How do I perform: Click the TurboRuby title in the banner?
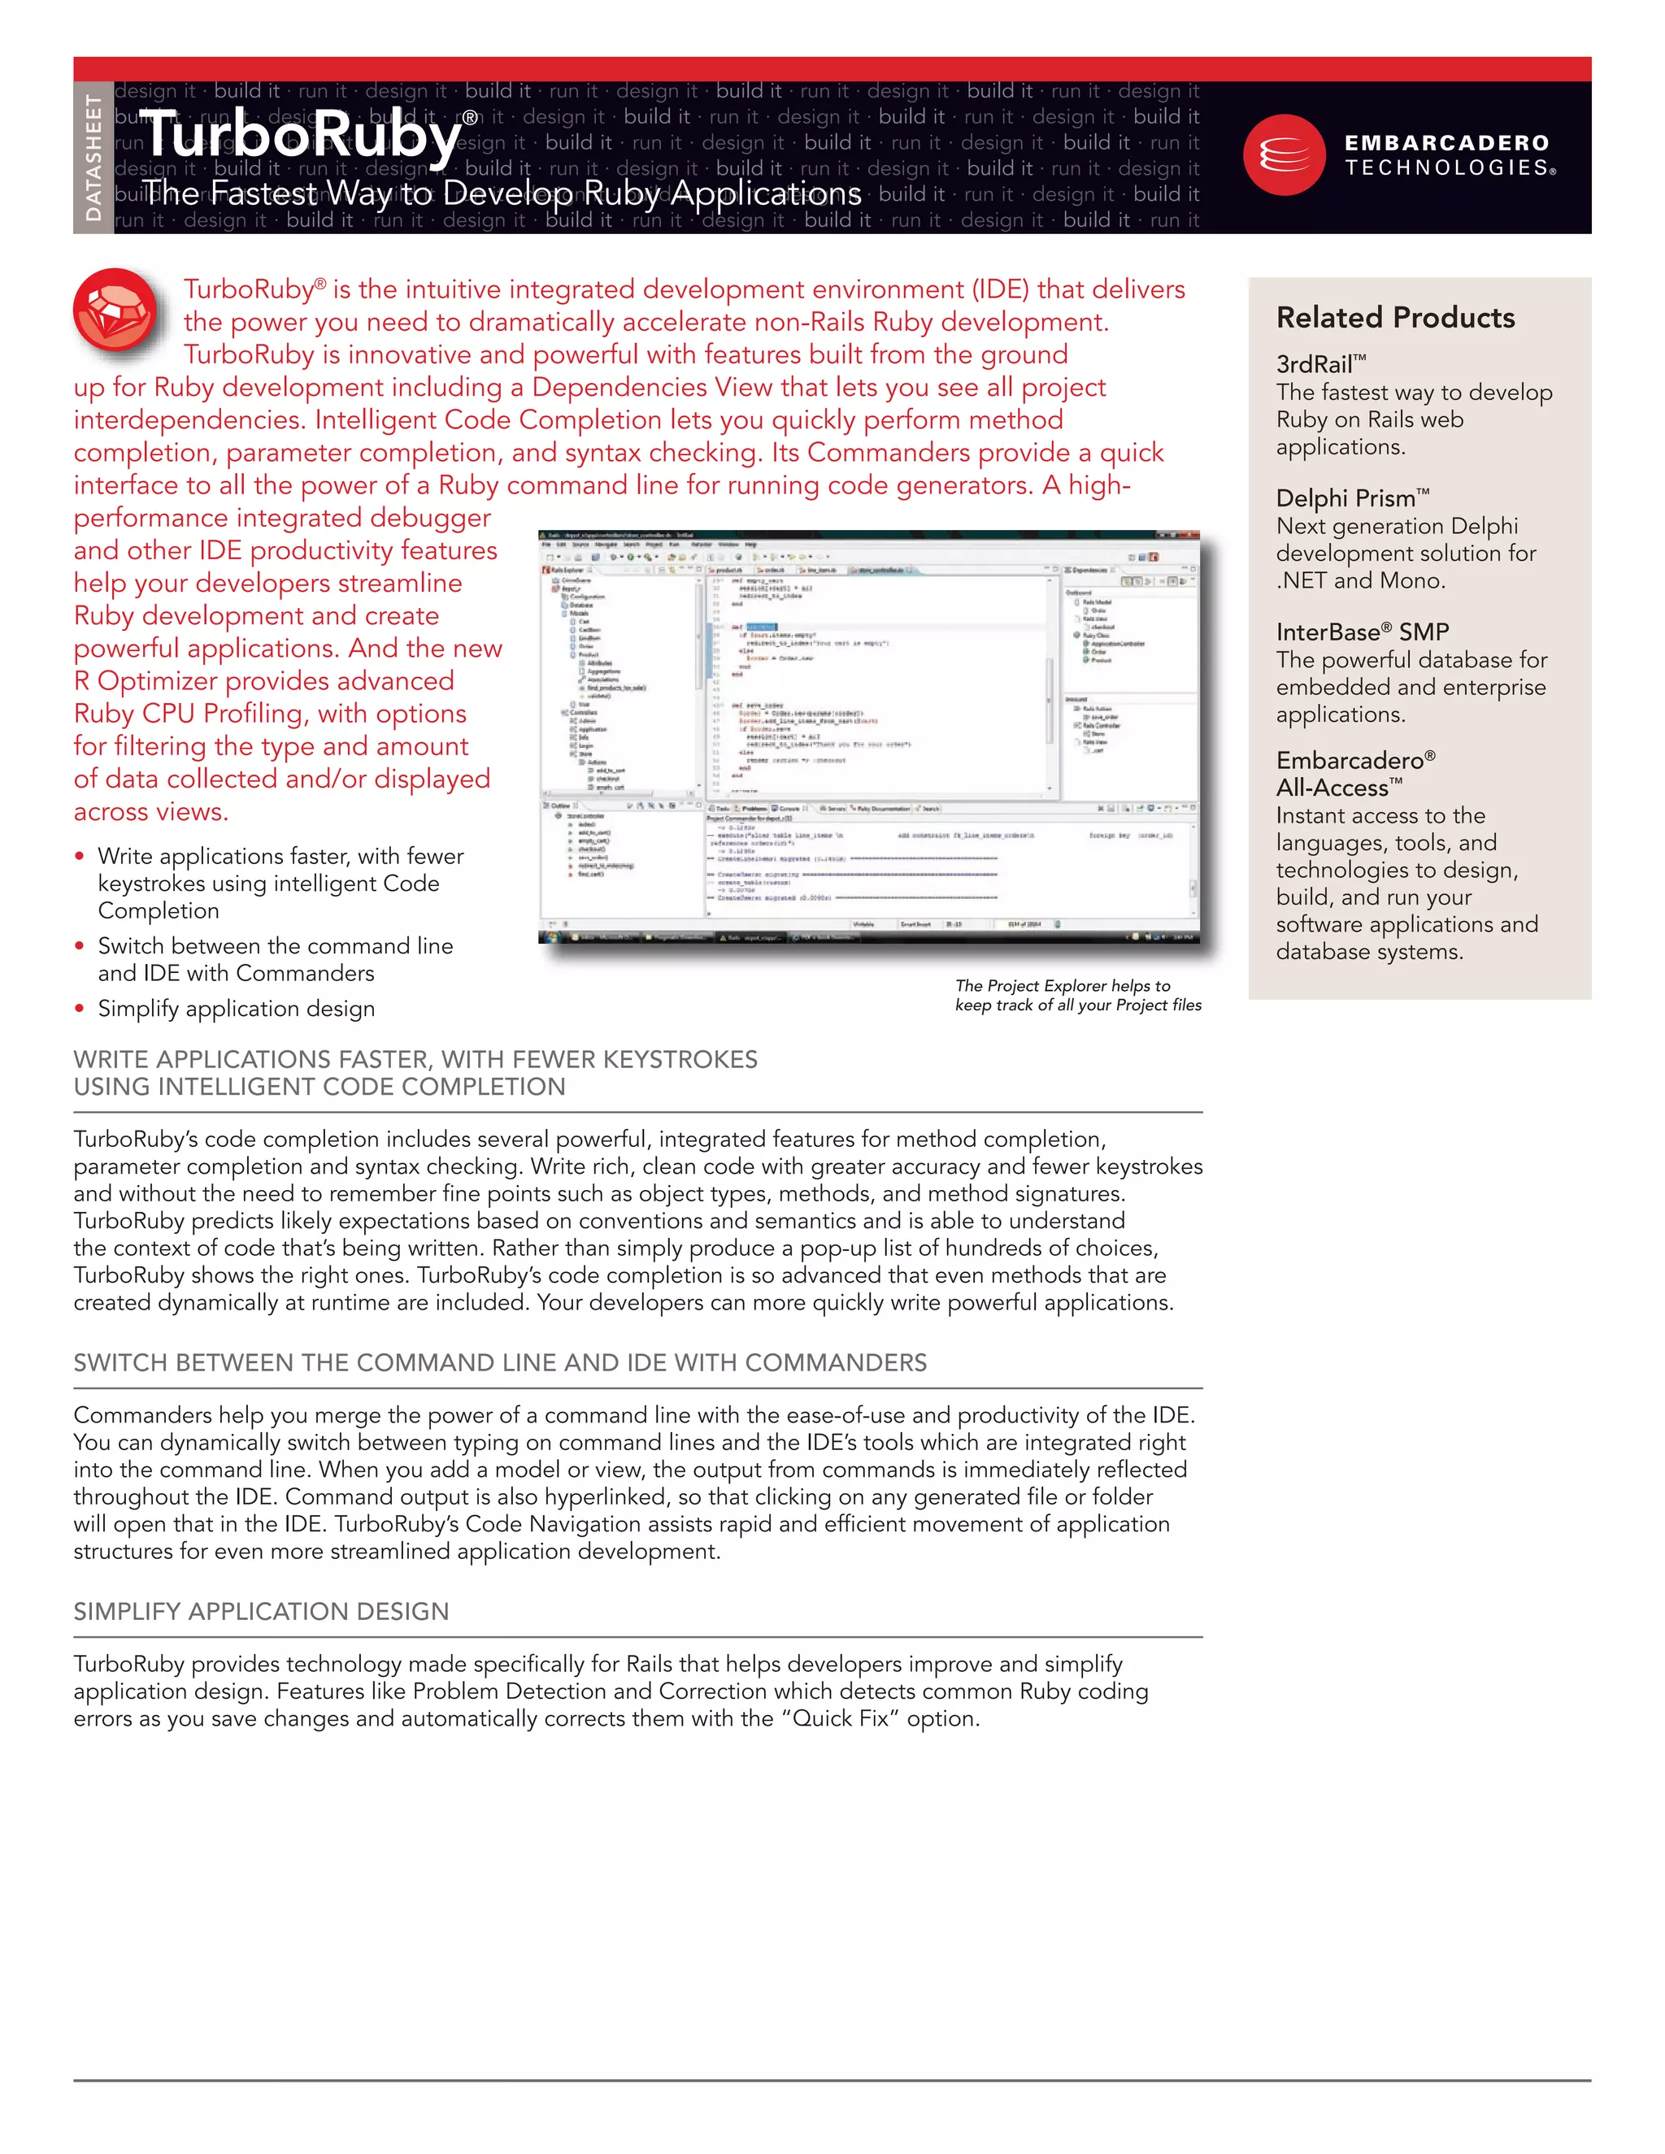[301, 136]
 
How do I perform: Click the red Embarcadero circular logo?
[1283, 154]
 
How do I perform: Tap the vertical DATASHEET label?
[93, 158]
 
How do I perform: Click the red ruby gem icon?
[115, 310]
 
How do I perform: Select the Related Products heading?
[1395, 318]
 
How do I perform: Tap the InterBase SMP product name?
[1361, 632]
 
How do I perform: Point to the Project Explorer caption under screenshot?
[1077, 995]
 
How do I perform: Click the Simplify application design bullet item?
[236, 1009]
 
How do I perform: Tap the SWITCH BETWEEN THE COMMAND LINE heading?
[499, 1363]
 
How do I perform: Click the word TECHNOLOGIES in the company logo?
[1446, 168]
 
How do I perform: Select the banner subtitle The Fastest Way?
[501, 193]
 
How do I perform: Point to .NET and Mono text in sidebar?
[1360, 581]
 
